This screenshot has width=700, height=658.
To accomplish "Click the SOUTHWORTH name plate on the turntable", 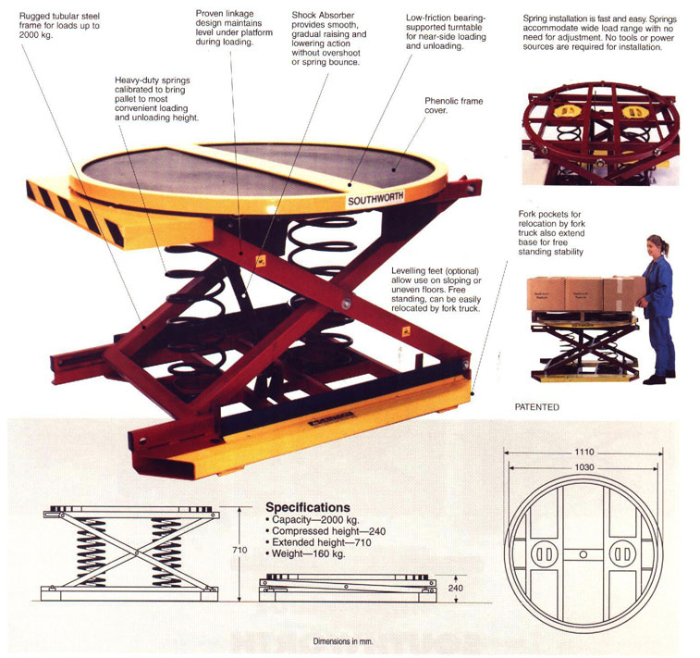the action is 375,198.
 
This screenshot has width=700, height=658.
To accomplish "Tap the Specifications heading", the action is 308,507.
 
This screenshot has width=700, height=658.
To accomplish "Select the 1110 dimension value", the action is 583,452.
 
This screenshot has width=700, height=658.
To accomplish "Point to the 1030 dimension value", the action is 583,467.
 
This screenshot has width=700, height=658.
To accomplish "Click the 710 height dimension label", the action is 239,550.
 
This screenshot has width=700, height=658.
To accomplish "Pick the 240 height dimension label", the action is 455,588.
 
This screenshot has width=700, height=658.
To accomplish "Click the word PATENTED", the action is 536,407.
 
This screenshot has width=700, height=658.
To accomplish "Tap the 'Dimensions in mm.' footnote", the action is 343,641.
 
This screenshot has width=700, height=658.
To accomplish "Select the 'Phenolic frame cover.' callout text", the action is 454,106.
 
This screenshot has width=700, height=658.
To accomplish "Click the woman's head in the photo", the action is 657,245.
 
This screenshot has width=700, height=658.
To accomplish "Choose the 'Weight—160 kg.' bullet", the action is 305,554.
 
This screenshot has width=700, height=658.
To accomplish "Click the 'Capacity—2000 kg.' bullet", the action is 312,520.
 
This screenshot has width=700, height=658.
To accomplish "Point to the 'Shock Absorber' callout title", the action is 323,15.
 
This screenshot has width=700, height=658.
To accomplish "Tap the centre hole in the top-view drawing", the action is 583,554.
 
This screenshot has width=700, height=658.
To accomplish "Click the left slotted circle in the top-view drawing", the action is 544,554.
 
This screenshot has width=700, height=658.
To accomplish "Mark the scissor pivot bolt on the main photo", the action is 346,304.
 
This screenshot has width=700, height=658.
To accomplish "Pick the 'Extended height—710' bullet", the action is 318,542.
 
